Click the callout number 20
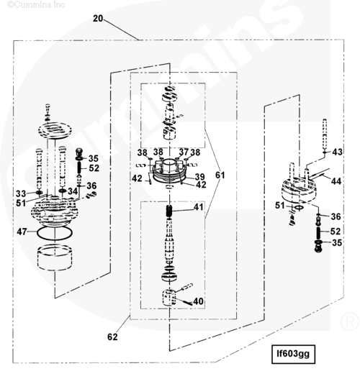click(x=98, y=19)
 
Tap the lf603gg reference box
click(x=293, y=354)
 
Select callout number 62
click(x=112, y=337)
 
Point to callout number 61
click(x=220, y=175)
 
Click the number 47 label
click(x=22, y=232)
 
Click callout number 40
click(x=199, y=301)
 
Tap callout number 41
click(x=199, y=207)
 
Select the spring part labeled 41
click(x=169, y=211)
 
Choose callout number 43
click(x=337, y=152)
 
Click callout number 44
click(x=336, y=181)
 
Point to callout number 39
click(x=200, y=177)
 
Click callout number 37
click(x=184, y=152)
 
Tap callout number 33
click(x=21, y=193)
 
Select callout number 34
click(x=73, y=191)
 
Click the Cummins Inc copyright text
click(x=36, y=4)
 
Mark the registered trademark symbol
click(x=350, y=321)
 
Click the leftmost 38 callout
click(x=143, y=152)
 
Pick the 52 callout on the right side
click(x=336, y=231)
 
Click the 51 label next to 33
click(x=21, y=203)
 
